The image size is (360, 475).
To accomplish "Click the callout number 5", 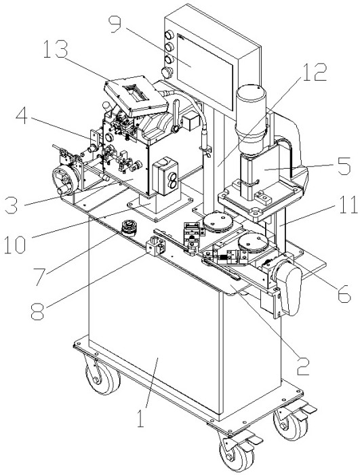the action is (x=343, y=166).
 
